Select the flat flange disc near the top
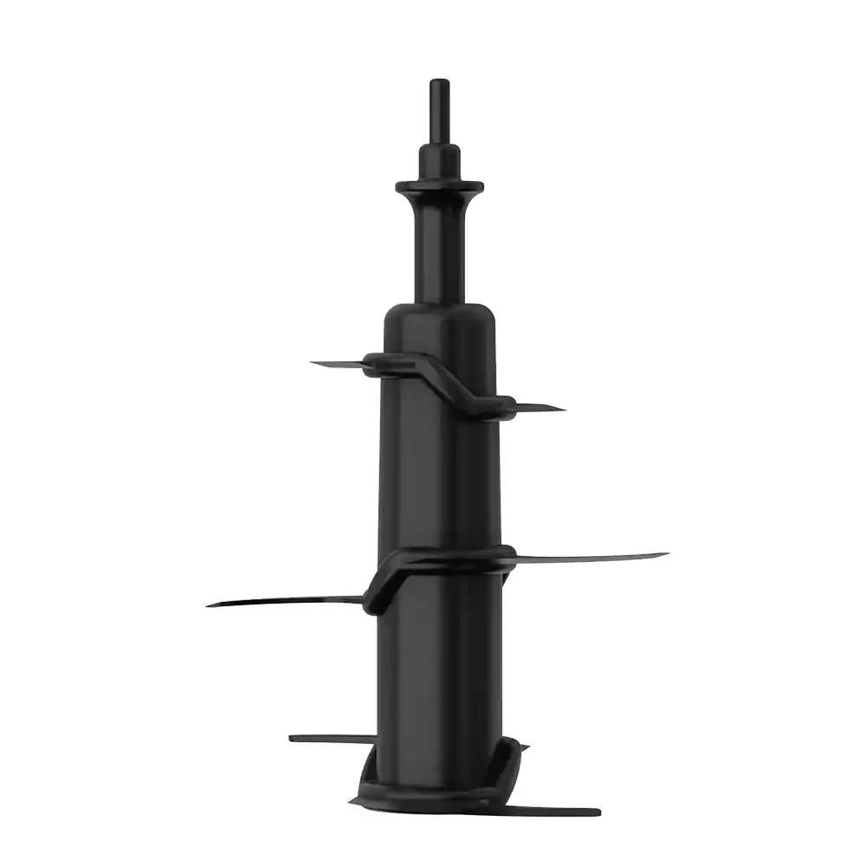(438, 186)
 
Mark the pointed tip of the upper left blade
(313, 363)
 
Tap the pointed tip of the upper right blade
(563, 409)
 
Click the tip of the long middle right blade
(665, 554)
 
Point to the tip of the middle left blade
(210, 604)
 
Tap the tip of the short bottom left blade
(292, 738)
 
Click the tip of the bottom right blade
(598, 812)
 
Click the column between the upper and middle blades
(439, 476)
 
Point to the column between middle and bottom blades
(439, 667)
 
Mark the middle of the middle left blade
(286, 600)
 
